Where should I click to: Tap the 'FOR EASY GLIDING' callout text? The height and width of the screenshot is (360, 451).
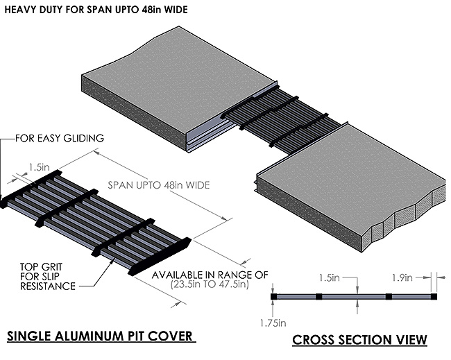point(60,138)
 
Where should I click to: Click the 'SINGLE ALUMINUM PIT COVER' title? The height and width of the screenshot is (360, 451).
point(99,337)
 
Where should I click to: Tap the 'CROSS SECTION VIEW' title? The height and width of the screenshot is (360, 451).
point(359,340)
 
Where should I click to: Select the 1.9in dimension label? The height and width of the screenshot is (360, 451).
point(420,278)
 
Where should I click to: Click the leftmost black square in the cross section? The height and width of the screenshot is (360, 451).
point(274,296)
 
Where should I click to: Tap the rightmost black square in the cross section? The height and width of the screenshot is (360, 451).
point(434,296)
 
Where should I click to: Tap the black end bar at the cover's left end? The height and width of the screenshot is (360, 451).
point(31,189)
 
